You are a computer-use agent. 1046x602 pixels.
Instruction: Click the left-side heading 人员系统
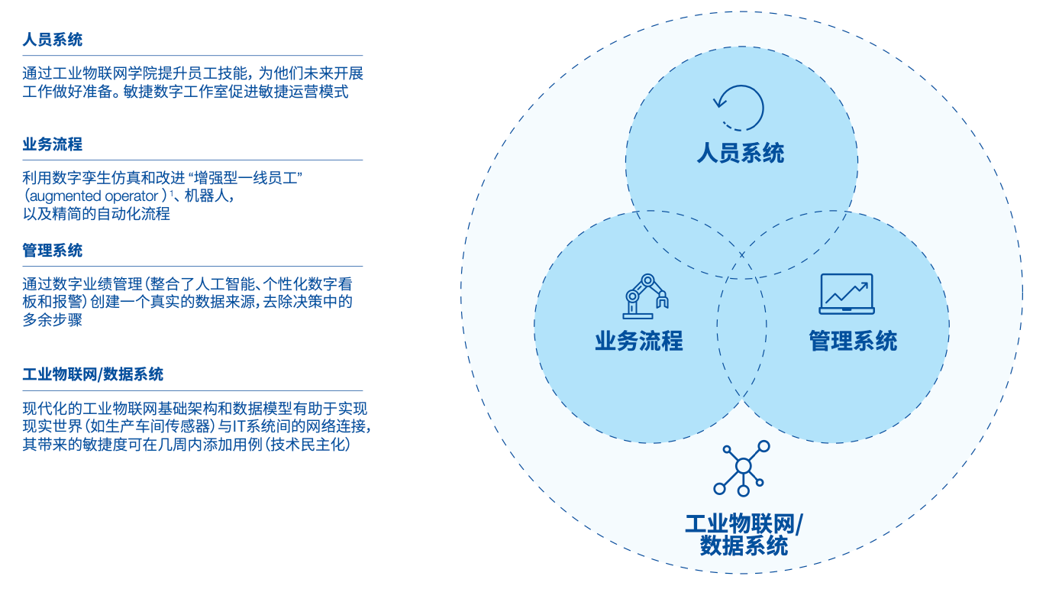[53, 40]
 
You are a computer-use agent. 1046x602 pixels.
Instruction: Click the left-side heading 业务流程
[53, 144]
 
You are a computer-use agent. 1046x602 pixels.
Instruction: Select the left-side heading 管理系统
[53, 251]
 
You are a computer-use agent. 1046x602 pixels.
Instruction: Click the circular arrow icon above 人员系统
[738, 108]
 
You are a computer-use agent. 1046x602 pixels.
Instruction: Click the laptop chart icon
[846, 294]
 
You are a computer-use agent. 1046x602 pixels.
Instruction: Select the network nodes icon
[742, 468]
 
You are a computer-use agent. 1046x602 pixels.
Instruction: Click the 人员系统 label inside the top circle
[740, 154]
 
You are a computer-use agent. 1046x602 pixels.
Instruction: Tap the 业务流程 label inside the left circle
[638, 341]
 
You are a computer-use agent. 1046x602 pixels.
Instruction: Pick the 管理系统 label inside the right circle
[853, 341]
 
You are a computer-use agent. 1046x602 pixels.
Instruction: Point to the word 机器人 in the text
[207, 196]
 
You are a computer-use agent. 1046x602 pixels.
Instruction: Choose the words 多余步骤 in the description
[53, 320]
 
